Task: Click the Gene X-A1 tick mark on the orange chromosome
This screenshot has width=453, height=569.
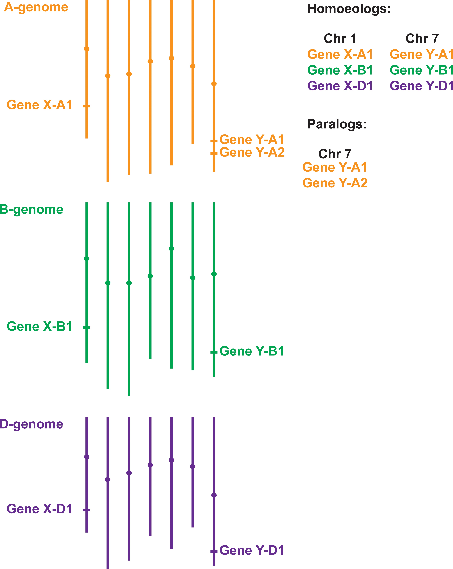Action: [x=87, y=106]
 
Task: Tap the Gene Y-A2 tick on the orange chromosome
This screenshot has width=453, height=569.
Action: [x=214, y=153]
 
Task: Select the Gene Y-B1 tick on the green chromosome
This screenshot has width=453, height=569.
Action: [x=214, y=352]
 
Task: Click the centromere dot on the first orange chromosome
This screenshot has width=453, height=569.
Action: [x=87, y=49]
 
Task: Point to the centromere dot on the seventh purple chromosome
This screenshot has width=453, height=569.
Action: [x=214, y=495]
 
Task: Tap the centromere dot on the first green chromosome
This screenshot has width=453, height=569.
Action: [x=87, y=259]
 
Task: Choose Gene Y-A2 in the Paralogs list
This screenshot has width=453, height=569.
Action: [x=335, y=183]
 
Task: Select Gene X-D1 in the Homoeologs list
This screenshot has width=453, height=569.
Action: [x=340, y=86]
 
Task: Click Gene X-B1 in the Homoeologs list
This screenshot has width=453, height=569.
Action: [x=340, y=70]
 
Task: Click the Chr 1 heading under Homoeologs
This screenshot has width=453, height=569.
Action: [x=340, y=39]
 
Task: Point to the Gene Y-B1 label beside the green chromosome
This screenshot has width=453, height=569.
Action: [x=251, y=351]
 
